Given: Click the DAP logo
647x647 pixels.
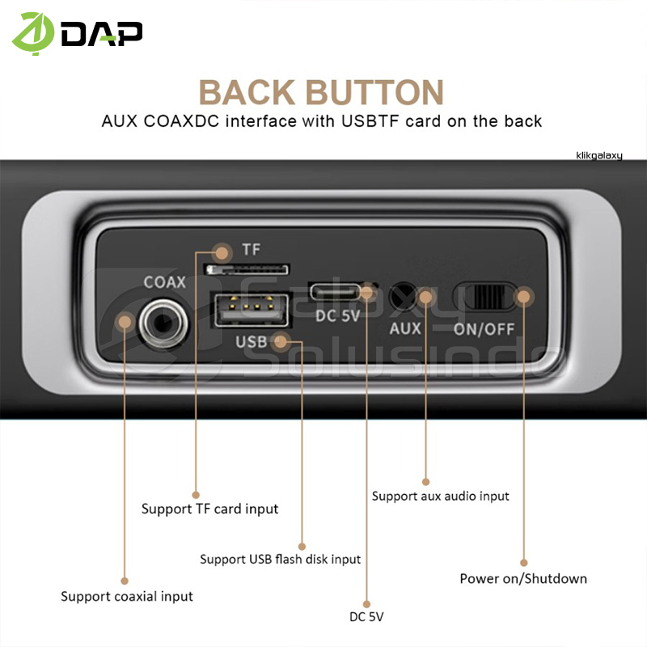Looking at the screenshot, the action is (x=77, y=33).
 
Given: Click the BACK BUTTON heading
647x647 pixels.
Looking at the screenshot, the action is (x=321, y=92).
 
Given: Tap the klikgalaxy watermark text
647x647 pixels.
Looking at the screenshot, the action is (x=599, y=154).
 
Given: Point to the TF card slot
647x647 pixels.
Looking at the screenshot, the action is (x=248, y=268).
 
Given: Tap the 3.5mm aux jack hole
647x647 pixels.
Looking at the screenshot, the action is (x=402, y=296).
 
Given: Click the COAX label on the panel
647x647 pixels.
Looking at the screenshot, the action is (x=165, y=282).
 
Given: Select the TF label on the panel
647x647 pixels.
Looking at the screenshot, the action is (x=252, y=250).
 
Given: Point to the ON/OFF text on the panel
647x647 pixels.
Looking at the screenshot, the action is (x=482, y=328).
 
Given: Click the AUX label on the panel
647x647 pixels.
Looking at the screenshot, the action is (x=405, y=328).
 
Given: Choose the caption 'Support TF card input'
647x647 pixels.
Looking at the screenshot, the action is (x=209, y=509).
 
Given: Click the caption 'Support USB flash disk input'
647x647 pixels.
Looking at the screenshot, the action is (x=280, y=559).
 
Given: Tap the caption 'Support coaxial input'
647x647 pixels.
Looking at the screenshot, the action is (x=127, y=596).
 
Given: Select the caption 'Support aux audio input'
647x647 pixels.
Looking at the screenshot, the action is (x=440, y=496).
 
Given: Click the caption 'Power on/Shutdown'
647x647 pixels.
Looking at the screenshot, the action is (x=523, y=578).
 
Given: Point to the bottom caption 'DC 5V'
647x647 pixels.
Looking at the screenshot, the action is (x=366, y=617).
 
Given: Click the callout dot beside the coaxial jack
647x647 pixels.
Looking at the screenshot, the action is (x=125, y=322).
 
